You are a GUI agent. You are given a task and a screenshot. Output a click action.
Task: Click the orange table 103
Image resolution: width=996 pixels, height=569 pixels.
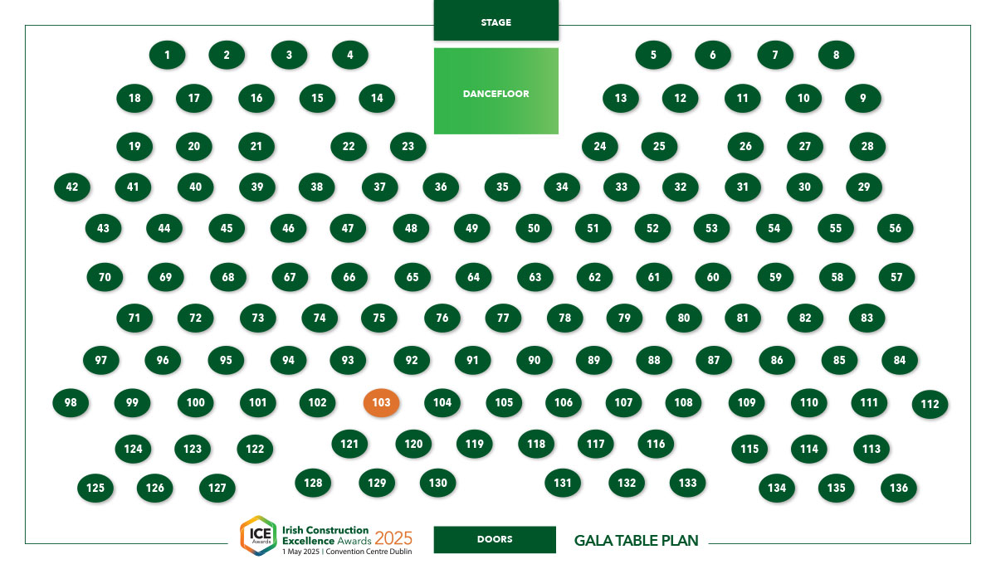pos(381,402)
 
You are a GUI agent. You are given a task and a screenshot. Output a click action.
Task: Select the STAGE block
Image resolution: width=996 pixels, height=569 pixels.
pos(496,21)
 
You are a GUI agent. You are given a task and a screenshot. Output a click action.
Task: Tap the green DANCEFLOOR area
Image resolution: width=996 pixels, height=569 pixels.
pos(496,91)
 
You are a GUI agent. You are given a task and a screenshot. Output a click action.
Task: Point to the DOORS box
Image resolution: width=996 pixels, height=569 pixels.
pos(495,539)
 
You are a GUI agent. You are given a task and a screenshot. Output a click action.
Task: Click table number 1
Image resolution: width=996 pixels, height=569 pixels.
pos(167,55)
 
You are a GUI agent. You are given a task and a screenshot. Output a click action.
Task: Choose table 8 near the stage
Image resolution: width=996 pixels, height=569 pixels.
pos(836,55)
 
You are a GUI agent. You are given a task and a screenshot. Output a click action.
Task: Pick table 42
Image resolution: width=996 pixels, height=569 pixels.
pos(72,187)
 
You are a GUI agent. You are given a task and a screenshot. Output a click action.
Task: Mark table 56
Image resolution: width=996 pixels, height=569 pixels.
pos(895,228)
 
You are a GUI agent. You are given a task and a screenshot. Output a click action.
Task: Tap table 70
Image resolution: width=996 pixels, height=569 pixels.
pos(105,277)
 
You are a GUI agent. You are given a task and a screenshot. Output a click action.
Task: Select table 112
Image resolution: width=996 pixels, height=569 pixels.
pos(930,404)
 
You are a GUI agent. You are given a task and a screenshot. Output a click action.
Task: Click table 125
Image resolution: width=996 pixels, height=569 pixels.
pos(95,488)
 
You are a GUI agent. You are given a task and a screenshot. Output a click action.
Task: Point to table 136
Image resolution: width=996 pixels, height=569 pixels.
pos(899,488)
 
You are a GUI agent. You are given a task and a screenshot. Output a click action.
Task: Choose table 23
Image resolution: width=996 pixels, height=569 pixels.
pos(408,146)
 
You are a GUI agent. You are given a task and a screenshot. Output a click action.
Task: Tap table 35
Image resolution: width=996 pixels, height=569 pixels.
pos(502,187)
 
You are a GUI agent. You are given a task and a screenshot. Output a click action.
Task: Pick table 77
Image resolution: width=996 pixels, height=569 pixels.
pos(503,318)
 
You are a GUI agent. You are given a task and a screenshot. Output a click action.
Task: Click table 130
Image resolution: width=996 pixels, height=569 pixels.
pos(437,483)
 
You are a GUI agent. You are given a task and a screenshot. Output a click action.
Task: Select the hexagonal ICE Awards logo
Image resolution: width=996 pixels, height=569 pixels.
pos(259,536)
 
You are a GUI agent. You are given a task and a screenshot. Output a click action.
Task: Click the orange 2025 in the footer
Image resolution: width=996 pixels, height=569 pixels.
pos(393,538)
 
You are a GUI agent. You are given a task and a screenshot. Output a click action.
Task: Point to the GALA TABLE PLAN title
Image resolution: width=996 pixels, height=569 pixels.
pos(637,541)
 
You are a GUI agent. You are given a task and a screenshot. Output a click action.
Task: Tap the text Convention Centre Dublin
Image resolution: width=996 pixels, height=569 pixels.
pos(369,552)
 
